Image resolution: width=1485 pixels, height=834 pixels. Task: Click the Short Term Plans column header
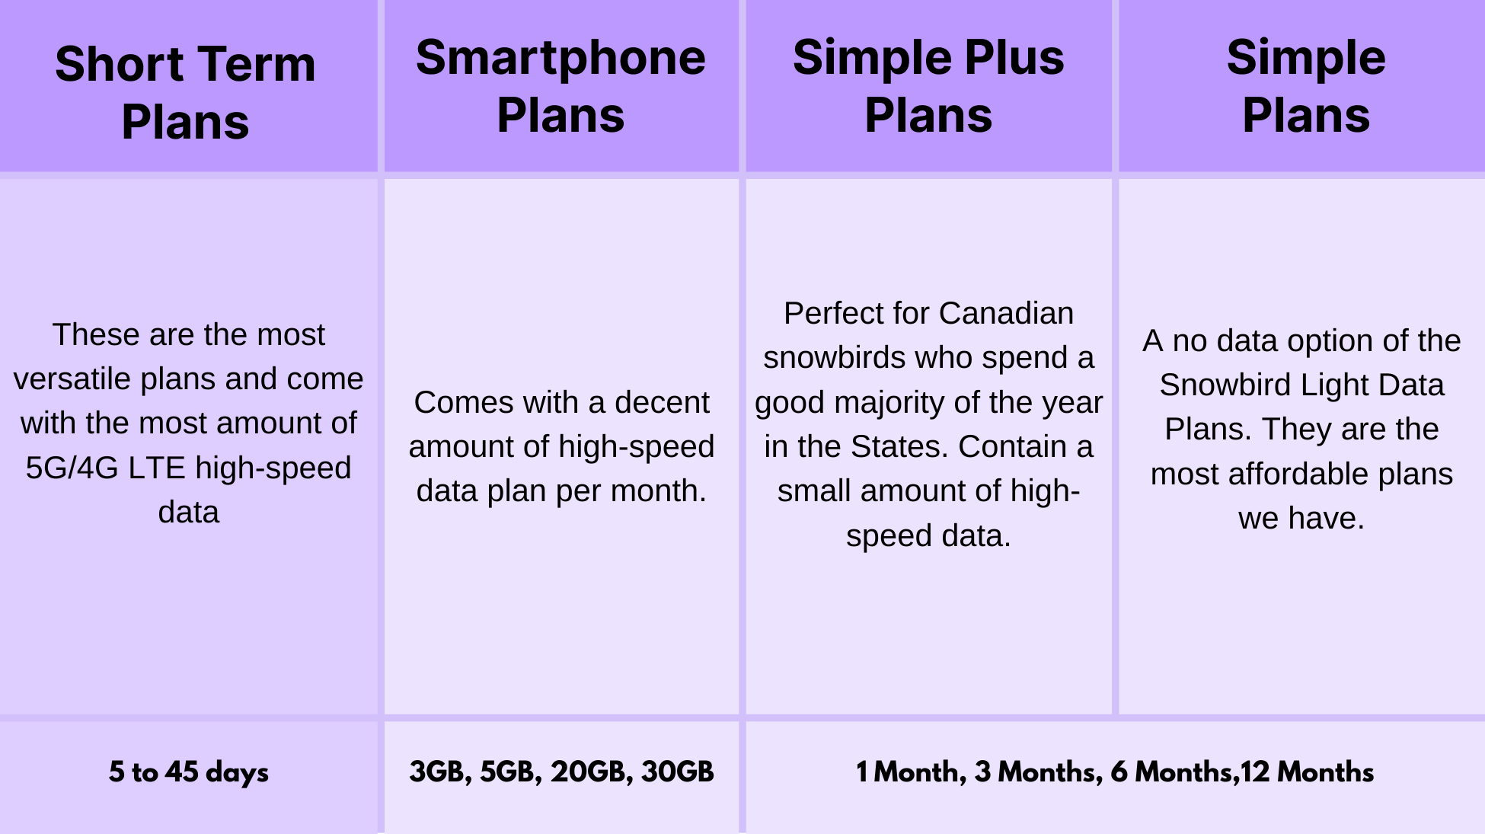[185, 92]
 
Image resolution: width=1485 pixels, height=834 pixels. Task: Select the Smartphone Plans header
[560, 86]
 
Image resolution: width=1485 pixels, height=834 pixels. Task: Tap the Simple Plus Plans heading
[928, 86]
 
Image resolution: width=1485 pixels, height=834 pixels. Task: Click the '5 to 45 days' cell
[188, 772]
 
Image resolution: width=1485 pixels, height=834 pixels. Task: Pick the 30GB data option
[677, 772]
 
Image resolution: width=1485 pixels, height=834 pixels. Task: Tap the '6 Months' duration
[1170, 772]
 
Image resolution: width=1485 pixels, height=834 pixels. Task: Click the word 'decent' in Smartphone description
[662, 402]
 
